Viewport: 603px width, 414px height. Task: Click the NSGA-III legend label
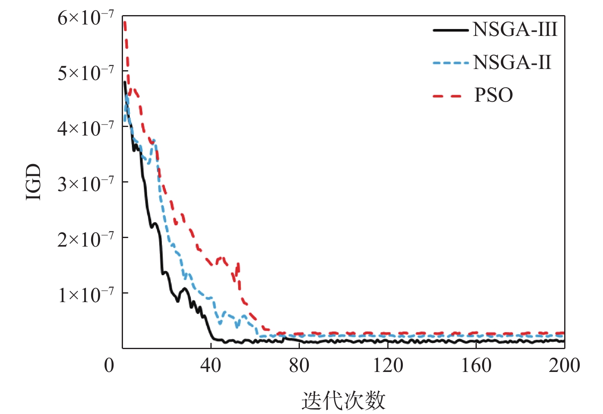pyautogui.click(x=515, y=30)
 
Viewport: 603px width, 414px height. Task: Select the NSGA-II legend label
pyautogui.click(x=512, y=63)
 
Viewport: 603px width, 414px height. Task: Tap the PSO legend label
pyautogui.click(x=494, y=96)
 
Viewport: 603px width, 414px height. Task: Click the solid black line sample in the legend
pyautogui.click(x=450, y=30)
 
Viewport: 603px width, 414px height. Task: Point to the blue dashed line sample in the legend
pyautogui.click(x=450, y=63)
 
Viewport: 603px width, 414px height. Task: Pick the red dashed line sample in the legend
pyautogui.click(x=447, y=96)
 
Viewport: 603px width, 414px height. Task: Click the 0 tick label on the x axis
pyautogui.click(x=109, y=365)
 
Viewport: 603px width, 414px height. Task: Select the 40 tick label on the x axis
pyautogui.click(x=211, y=365)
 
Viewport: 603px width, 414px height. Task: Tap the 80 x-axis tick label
pyautogui.click(x=299, y=365)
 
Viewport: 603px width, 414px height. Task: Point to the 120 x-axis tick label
pyautogui.click(x=388, y=365)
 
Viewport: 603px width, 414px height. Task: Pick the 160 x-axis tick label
pyautogui.click(x=476, y=365)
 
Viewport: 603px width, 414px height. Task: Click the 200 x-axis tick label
pyautogui.click(x=564, y=365)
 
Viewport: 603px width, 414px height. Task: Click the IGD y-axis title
pyautogui.click(x=34, y=182)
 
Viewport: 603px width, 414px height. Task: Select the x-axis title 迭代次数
pyautogui.click(x=343, y=401)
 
